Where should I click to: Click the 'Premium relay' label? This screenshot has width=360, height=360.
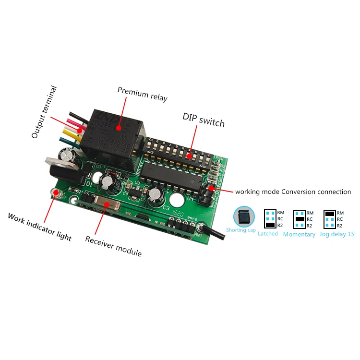point(143,94)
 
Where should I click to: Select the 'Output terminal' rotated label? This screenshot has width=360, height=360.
point(44,112)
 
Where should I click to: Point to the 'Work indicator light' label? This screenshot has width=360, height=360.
point(39,227)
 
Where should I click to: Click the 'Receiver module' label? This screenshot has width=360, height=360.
point(113,246)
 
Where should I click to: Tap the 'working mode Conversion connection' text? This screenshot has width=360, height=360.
point(293,192)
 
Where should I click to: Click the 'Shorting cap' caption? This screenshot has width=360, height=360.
point(241,230)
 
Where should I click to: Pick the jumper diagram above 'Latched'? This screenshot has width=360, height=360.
point(270,219)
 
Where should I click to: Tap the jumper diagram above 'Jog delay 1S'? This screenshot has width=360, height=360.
point(330,219)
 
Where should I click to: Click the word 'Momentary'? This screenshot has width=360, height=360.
point(299,235)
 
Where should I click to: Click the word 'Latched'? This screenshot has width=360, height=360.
point(268,234)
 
